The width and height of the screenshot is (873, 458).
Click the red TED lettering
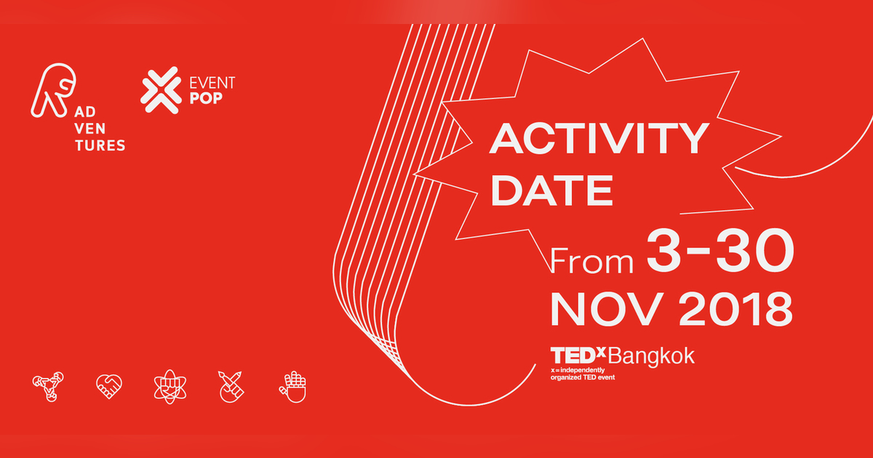click(x=573, y=355)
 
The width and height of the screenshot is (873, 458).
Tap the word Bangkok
click(x=651, y=356)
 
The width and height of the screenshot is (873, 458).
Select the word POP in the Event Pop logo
click(x=206, y=98)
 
